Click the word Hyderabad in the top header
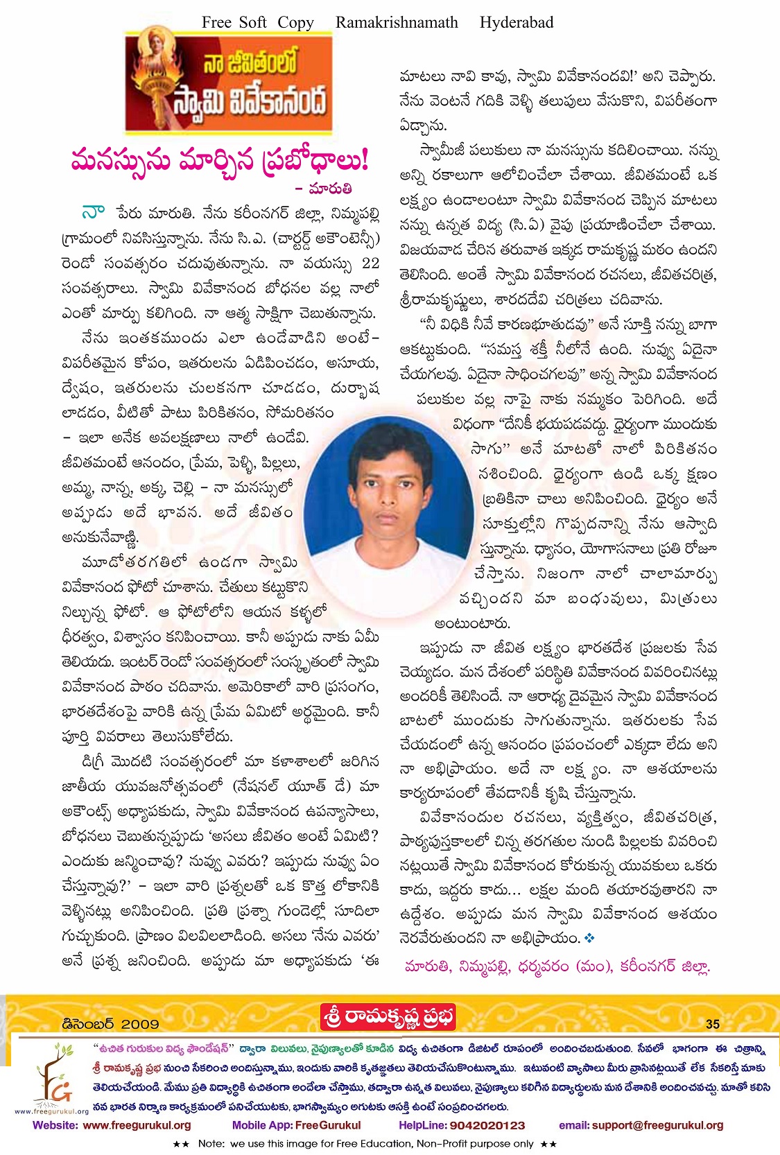click(x=517, y=22)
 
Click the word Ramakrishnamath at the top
click(x=397, y=22)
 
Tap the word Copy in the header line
click(x=295, y=22)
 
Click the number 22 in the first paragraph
click(x=371, y=263)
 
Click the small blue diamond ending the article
click(x=590, y=938)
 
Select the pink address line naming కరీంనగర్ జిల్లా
click(x=557, y=966)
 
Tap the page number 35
click(x=713, y=1024)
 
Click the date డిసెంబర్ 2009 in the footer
click(x=110, y=1024)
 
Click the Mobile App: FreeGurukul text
click(x=296, y=1125)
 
